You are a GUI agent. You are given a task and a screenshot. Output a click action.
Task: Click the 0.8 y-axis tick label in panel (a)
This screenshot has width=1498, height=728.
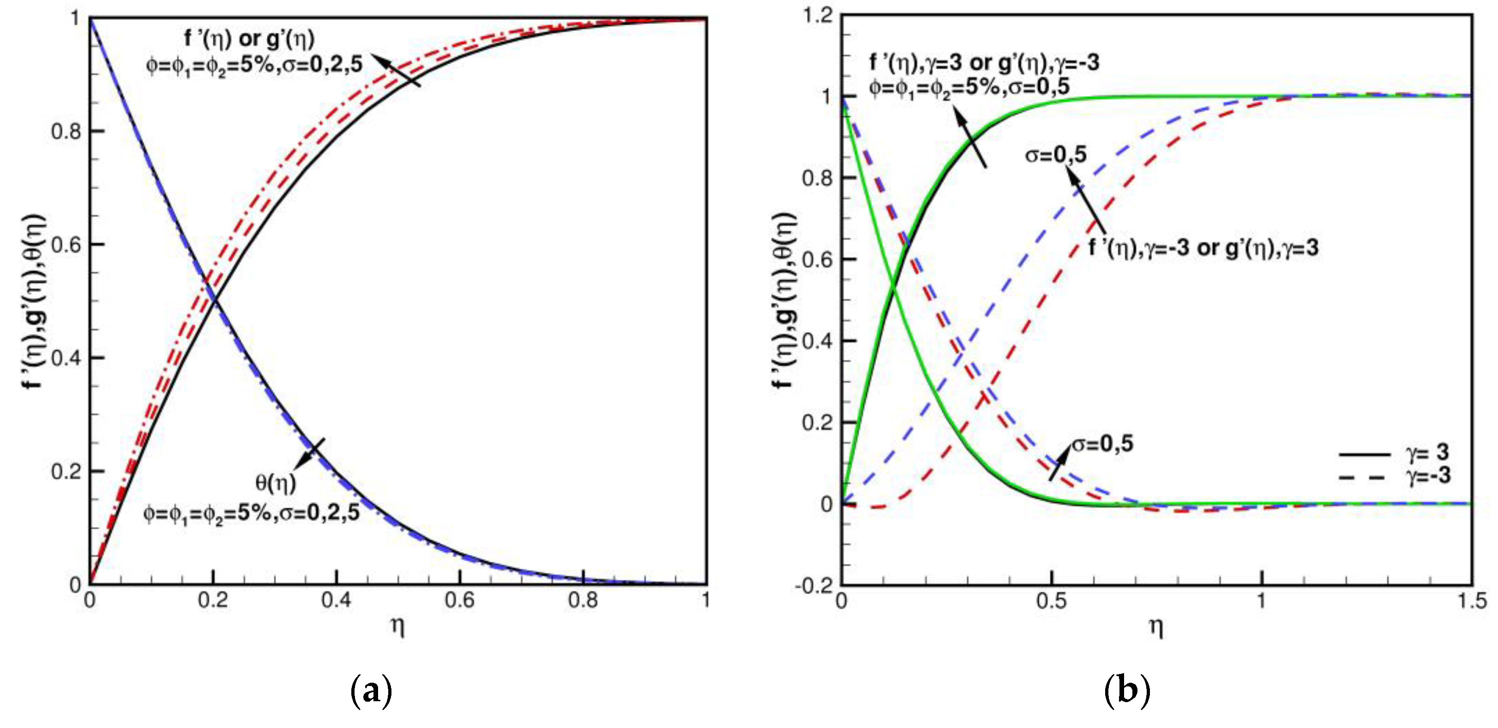(x=65, y=132)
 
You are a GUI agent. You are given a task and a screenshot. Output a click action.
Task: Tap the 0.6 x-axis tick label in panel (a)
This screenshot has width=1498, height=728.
(x=459, y=600)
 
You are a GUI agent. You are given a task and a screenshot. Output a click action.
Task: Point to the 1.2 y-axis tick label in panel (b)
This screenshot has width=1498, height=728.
(x=817, y=16)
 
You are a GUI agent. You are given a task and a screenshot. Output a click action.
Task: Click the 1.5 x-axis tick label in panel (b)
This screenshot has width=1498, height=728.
(x=1472, y=601)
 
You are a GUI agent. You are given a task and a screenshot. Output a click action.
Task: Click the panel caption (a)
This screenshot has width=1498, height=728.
(x=372, y=691)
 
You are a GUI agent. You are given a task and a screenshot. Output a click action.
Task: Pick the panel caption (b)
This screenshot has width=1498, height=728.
(x=1126, y=691)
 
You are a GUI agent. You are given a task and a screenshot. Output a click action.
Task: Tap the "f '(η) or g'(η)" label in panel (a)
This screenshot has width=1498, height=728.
(x=249, y=39)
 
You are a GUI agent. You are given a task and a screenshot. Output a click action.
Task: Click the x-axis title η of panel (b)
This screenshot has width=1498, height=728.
(x=1156, y=627)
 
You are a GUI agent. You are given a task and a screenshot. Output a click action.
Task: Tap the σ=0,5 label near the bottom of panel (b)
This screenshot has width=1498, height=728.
(x=1102, y=444)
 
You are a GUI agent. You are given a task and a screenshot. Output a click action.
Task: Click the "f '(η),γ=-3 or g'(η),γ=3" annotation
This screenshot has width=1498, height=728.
(x=1203, y=249)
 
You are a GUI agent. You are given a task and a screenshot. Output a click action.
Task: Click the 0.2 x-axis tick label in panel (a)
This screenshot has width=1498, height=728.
(x=213, y=600)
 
